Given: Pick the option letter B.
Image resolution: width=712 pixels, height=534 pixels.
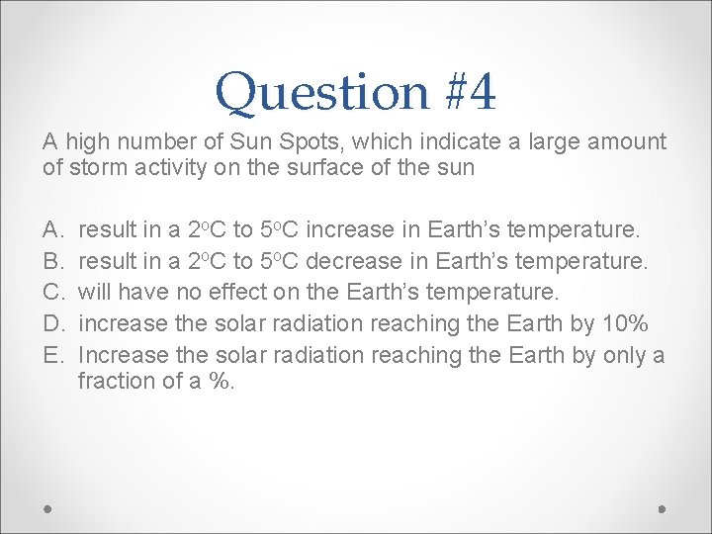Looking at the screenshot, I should [x=51, y=262].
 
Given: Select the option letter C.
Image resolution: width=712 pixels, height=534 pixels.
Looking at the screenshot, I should [x=51, y=293].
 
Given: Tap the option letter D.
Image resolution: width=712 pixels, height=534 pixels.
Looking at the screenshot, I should [x=51, y=323].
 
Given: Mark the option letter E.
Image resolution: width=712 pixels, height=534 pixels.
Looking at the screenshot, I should [x=51, y=354].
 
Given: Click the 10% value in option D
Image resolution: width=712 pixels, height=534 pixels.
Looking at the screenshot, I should [x=625, y=323].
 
